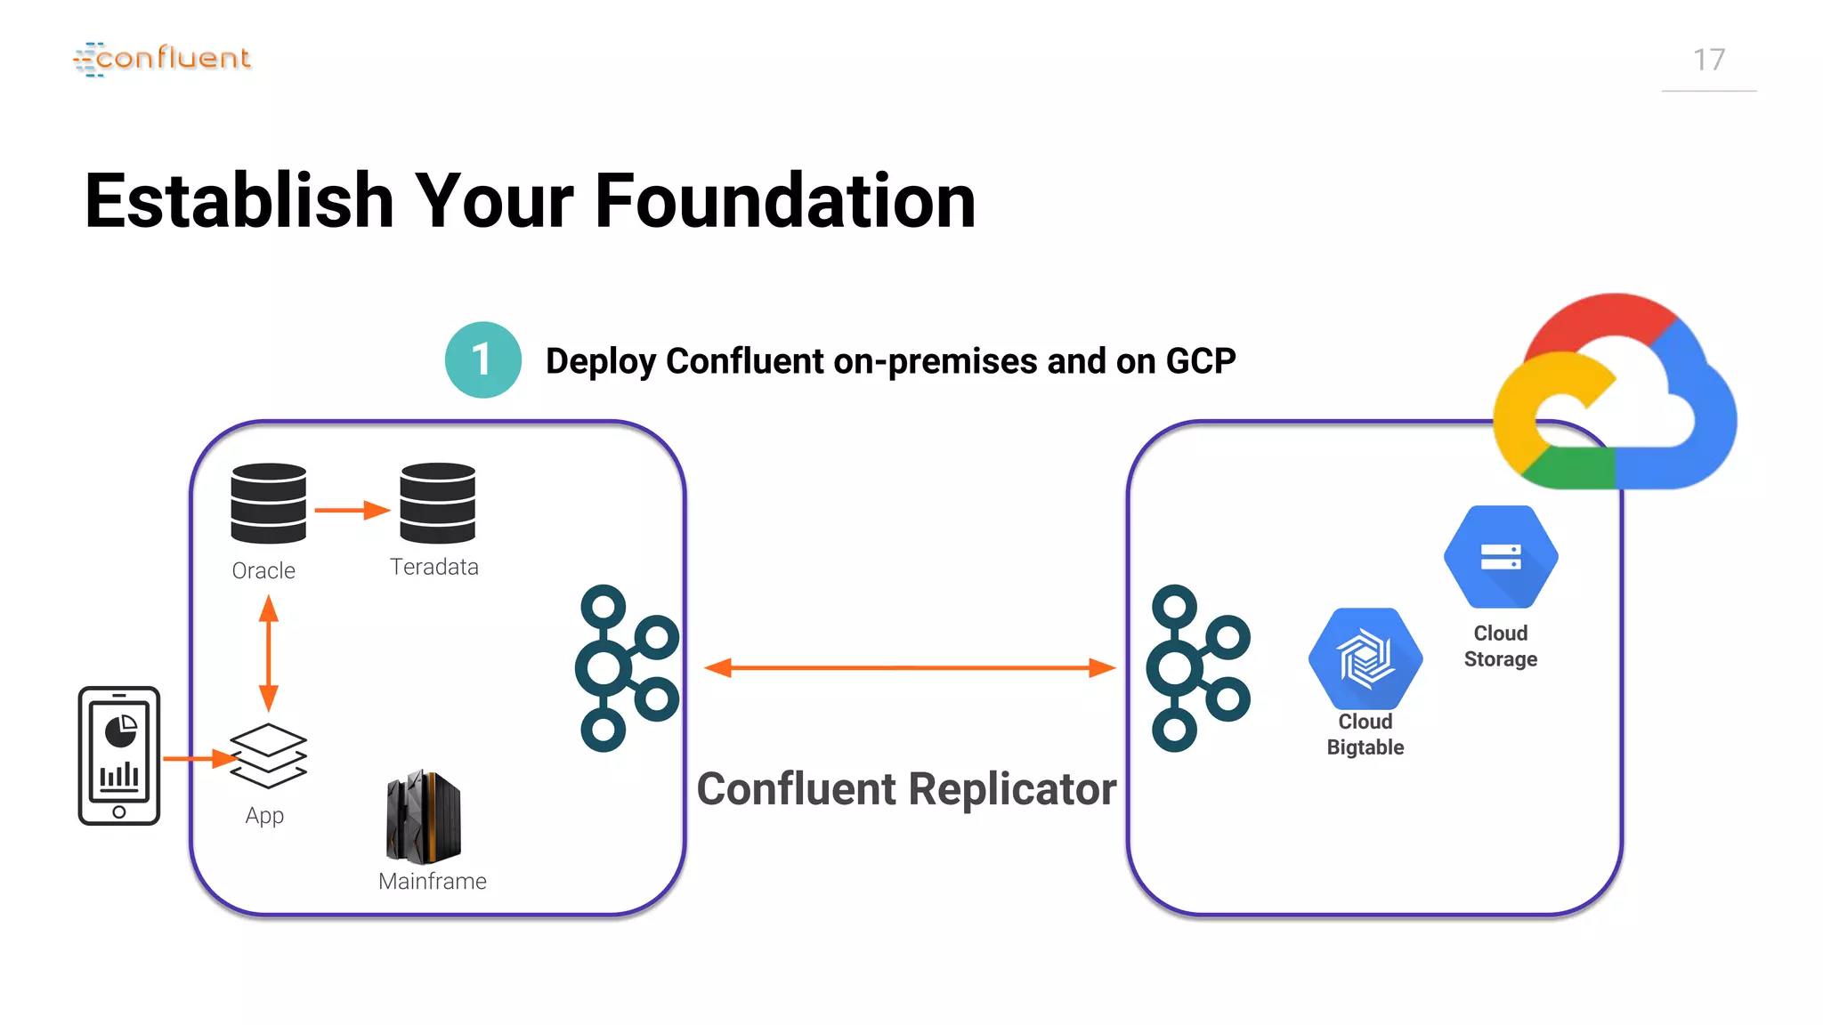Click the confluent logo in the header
(162, 59)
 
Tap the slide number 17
(1708, 61)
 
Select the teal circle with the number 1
(482, 359)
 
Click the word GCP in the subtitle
(1200, 361)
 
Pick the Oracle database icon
(268, 503)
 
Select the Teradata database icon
(437, 503)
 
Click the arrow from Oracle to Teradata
(352, 510)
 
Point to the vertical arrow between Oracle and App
(268, 653)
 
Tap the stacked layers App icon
(268, 755)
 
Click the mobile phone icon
(119, 755)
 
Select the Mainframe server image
(424, 817)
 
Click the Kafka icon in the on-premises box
(627, 668)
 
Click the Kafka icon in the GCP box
(1197, 668)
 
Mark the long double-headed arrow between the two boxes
(909, 667)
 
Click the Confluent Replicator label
(905, 789)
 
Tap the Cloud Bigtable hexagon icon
(1365, 659)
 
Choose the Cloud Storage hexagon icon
(1500, 557)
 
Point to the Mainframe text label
(432, 881)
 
